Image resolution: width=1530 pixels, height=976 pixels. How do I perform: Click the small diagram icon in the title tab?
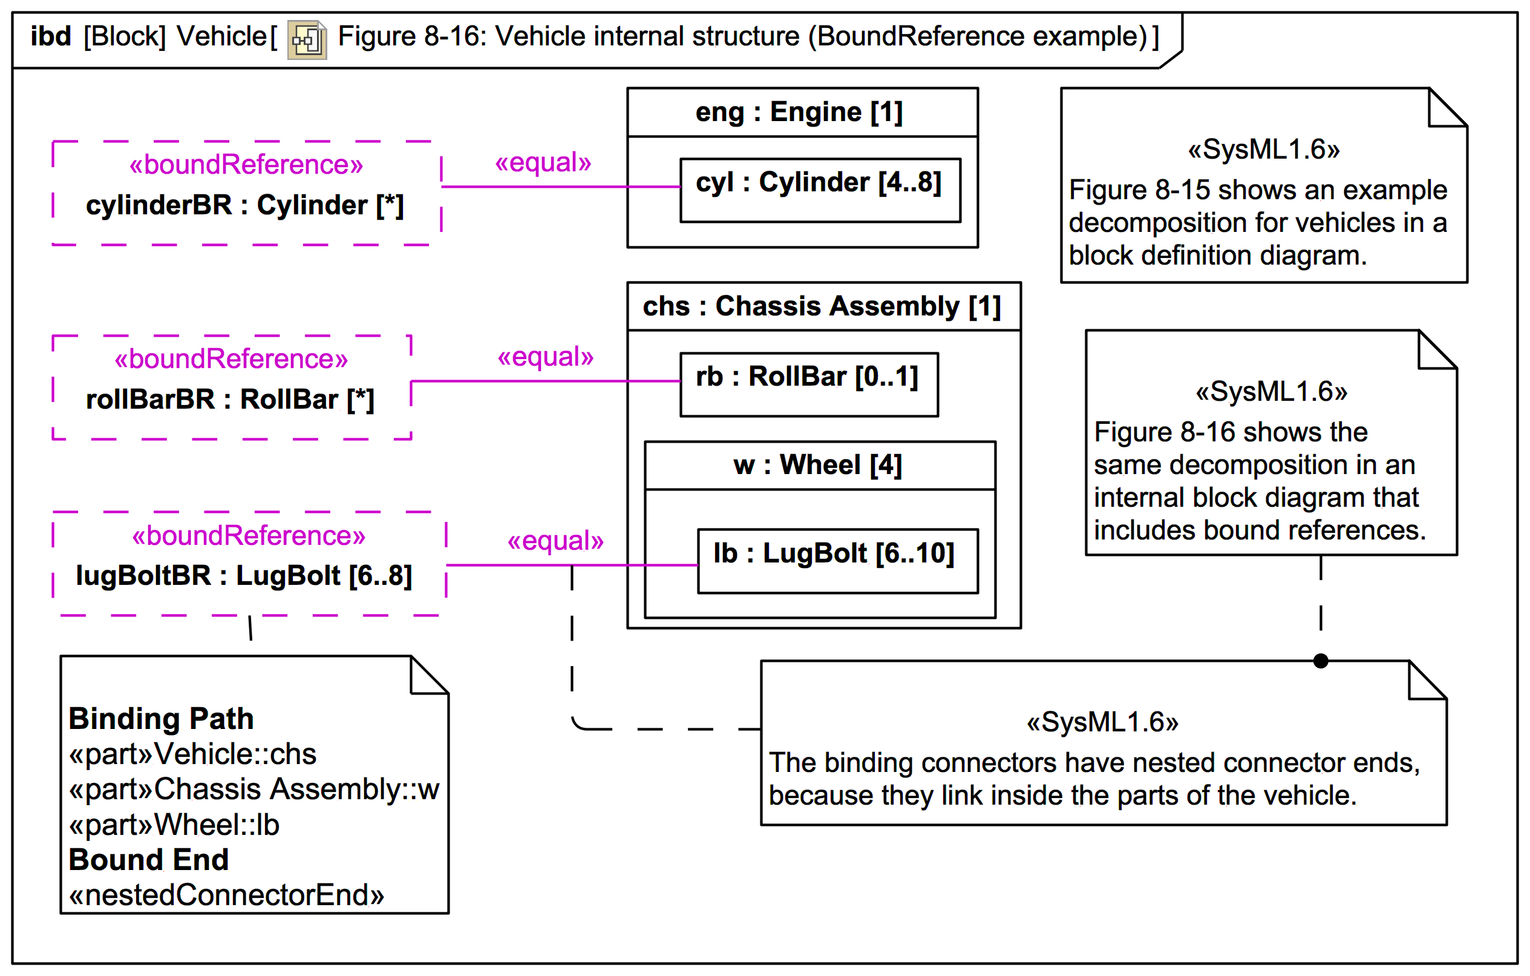(x=307, y=40)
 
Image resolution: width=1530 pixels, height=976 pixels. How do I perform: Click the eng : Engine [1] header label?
(x=799, y=112)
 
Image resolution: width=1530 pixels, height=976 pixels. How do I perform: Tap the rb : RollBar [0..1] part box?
(x=808, y=384)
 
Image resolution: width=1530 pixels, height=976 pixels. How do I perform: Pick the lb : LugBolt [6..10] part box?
(x=837, y=560)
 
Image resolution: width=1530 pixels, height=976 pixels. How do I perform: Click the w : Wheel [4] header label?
(x=818, y=465)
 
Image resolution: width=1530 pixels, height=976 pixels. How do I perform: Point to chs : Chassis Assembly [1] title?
(x=822, y=306)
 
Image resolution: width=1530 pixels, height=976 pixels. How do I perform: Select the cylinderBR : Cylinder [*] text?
(x=244, y=205)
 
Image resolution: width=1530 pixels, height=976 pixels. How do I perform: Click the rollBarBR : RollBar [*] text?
(x=230, y=400)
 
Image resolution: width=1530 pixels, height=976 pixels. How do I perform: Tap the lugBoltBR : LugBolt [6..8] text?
(x=244, y=575)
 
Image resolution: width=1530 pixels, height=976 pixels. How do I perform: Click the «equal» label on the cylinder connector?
(x=543, y=162)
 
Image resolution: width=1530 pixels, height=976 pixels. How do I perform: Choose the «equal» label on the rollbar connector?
(x=545, y=357)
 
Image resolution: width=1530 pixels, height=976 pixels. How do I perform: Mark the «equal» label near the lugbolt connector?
(x=555, y=541)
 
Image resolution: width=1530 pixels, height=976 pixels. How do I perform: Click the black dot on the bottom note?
(x=1320, y=661)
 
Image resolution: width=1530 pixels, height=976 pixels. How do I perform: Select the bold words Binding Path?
(x=161, y=719)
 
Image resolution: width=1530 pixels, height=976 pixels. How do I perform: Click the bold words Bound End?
(x=148, y=860)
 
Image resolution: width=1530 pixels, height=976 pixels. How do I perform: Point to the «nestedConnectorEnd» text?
(x=226, y=895)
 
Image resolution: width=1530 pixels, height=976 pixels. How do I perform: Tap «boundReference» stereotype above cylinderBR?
(x=246, y=165)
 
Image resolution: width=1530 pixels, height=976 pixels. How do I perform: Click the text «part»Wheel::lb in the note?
(x=174, y=825)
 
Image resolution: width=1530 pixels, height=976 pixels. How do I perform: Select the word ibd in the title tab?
(x=51, y=36)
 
